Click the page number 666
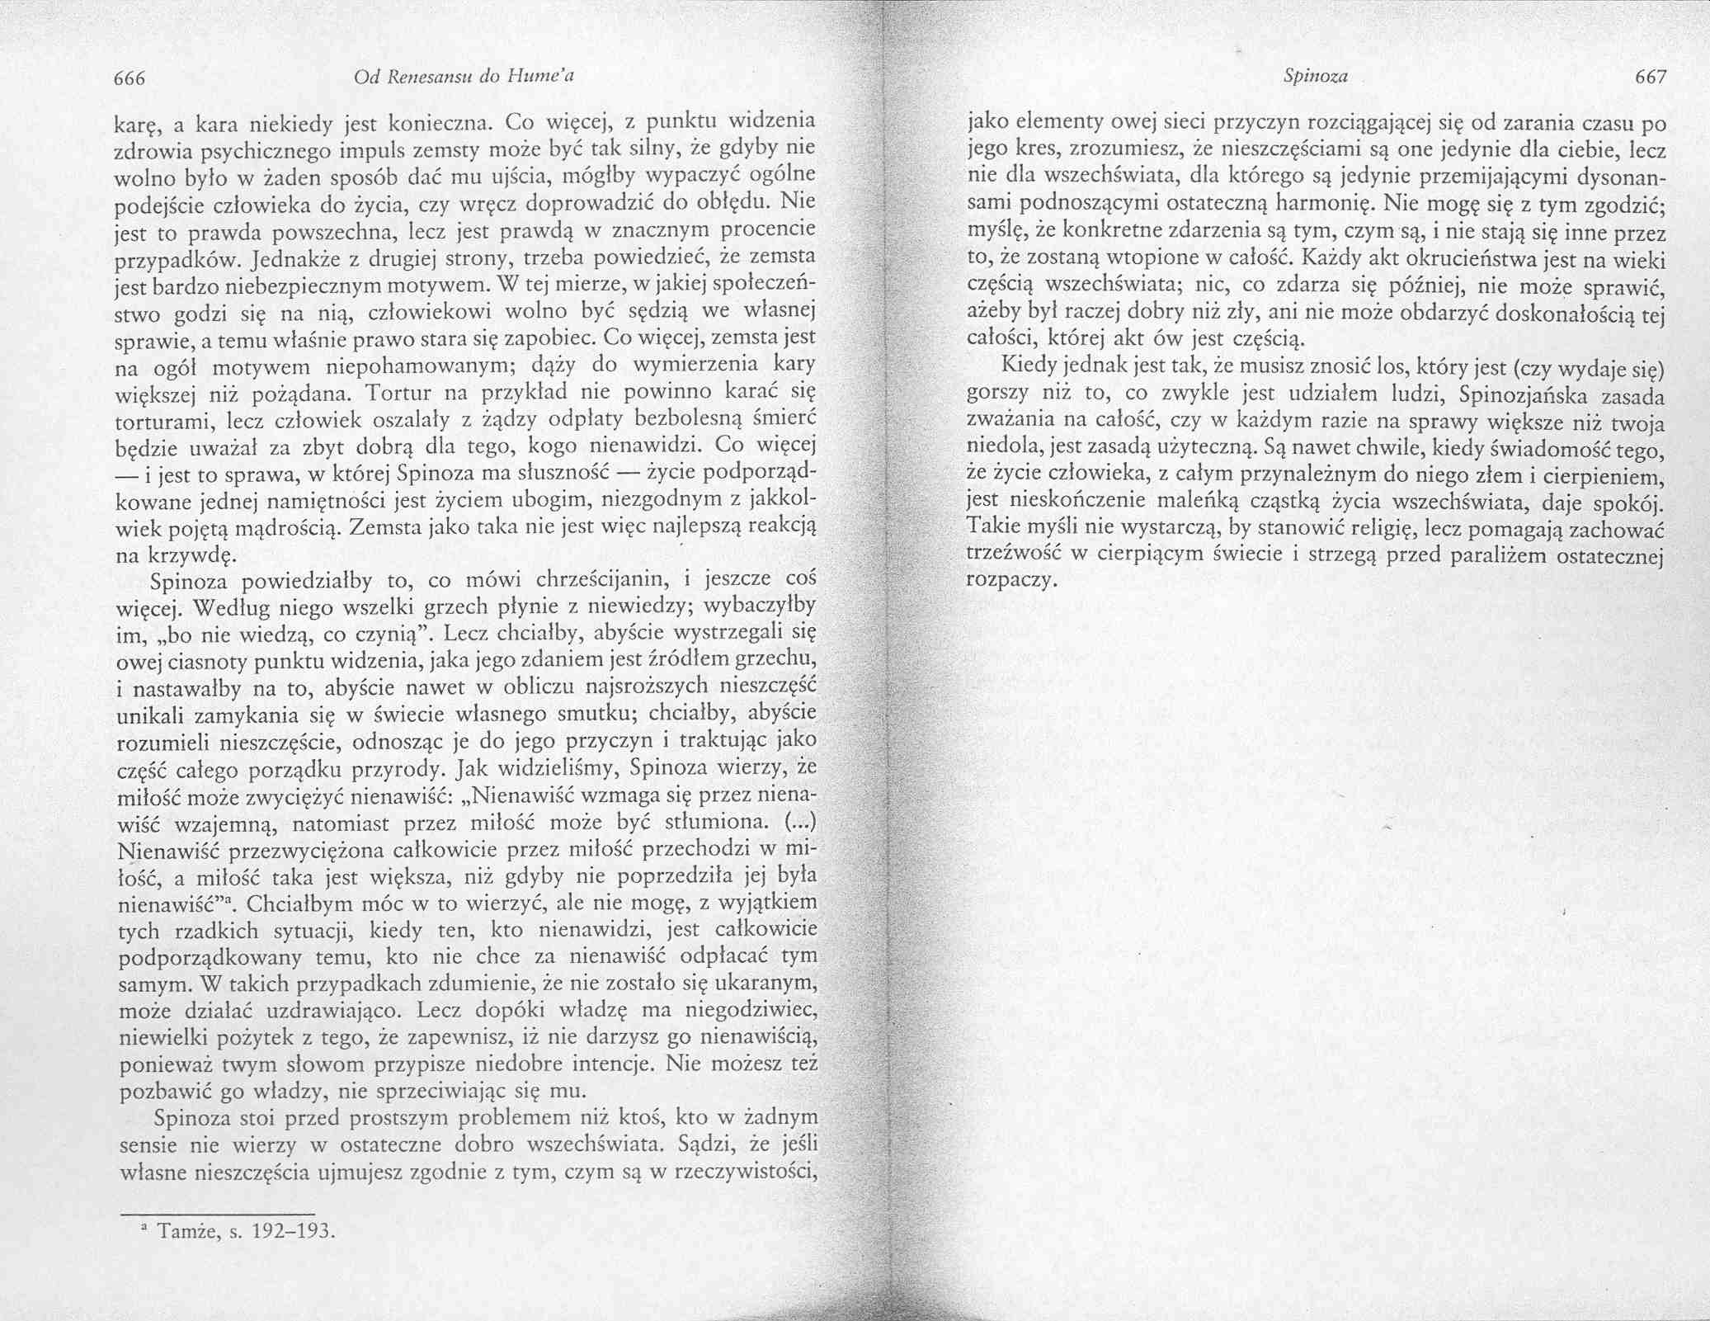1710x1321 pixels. [130, 78]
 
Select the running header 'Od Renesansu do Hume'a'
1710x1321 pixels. [463, 78]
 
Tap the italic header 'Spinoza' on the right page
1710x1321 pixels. [1315, 78]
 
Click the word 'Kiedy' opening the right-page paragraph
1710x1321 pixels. [1026, 366]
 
